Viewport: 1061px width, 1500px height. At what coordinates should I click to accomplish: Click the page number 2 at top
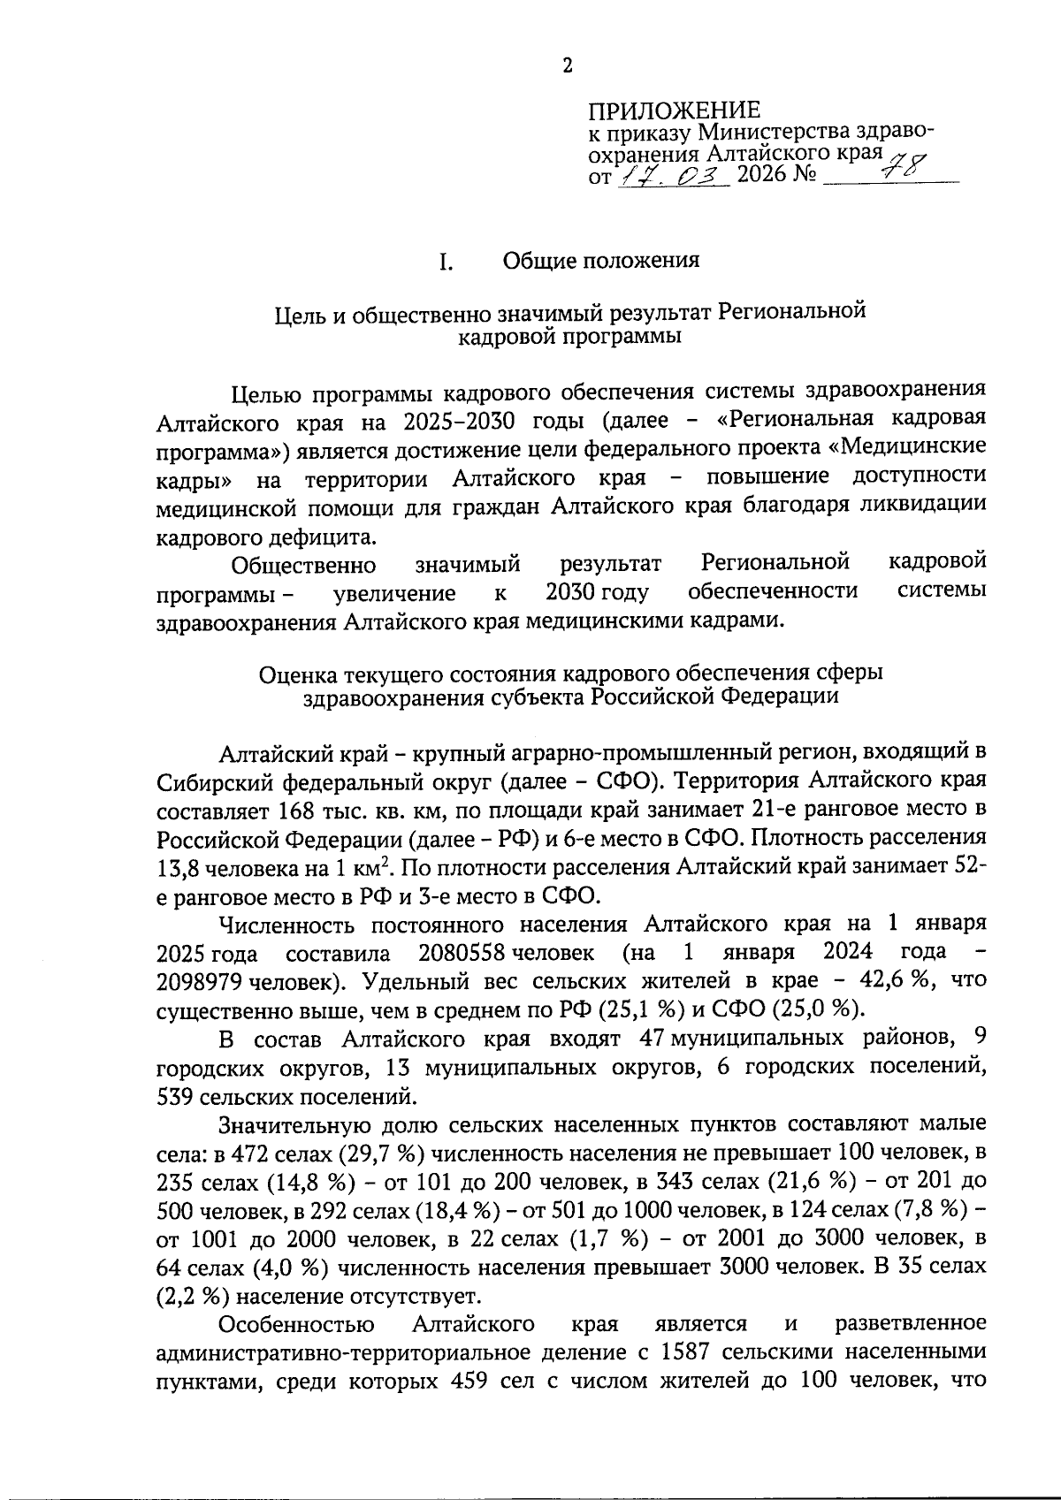568,65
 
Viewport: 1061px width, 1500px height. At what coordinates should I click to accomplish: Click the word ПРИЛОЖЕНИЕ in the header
674,110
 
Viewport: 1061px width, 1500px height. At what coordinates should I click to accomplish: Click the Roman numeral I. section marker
447,262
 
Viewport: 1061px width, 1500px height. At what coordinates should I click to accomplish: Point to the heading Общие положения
601,261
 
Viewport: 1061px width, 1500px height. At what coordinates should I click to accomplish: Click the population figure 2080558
462,953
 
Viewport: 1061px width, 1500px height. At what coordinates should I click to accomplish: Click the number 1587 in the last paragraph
690,1352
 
